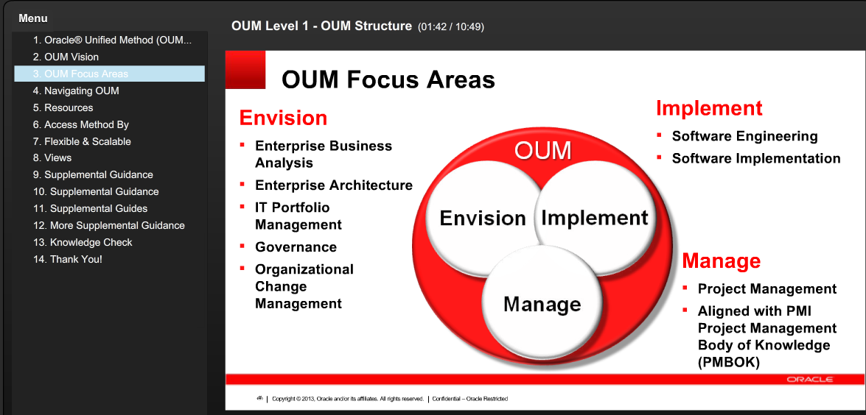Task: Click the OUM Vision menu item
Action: [71, 57]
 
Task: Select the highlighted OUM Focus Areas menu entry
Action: [86, 74]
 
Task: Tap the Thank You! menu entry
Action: [76, 259]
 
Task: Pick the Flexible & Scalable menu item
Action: [88, 141]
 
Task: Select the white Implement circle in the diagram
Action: [594, 218]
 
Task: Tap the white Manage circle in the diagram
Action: [542, 304]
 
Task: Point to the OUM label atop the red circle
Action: [542, 151]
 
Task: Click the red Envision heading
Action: [283, 118]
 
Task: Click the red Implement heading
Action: [709, 108]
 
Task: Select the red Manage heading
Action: [721, 261]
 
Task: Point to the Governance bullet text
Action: [296, 247]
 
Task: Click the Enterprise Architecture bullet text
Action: [334, 185]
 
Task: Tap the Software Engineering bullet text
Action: [744, 136]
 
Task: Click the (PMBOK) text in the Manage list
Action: [728, 362]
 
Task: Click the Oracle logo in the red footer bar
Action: [809, 380]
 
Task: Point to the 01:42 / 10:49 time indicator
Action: [451, 27]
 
